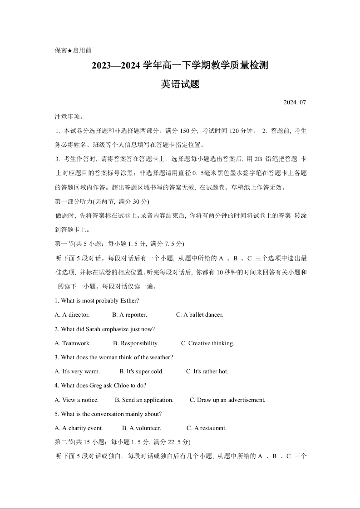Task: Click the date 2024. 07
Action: [x=295, y=102]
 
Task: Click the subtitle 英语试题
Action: [x=180, y=84]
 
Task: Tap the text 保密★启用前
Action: [x=73, y=50]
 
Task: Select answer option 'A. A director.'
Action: [x=72, y=314]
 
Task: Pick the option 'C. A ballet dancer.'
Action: [x=200, y=314]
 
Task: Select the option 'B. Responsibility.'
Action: [x=136, y=343]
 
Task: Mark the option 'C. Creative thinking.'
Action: [x=207, y=343]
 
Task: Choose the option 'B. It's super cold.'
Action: [x=141, y=371]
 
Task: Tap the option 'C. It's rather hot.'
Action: [x=207, y=371]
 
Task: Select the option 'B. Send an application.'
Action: [x=144, y=400]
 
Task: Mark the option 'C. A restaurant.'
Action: [x=207, y=428]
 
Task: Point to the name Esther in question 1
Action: [x=129, y=300]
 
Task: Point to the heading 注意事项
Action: [x=66, y=117]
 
